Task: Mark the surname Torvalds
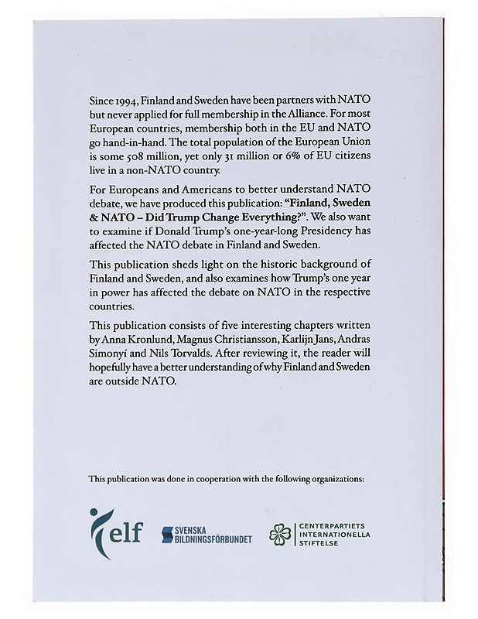pyautogui.click(x=178, y=354)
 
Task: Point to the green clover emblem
pyautogui.click(x=282, y=533)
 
